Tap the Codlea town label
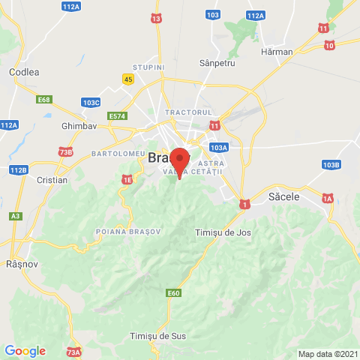(24, 72)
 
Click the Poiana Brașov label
(128, 232)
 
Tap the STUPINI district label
(148, 67)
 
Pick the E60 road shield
(174, 292)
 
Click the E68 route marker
(45, 100)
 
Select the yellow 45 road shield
(129, 79)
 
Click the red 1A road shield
(327, 198)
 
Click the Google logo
(25, 351)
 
